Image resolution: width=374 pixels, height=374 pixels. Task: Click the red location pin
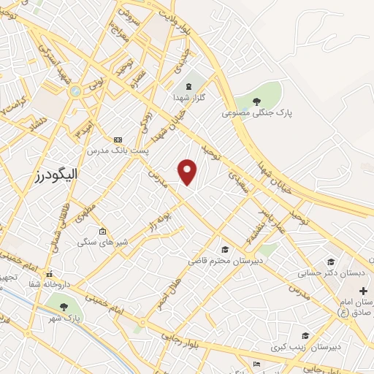(188, 171)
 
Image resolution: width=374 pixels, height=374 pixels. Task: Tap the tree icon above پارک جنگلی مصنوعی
(256, 101)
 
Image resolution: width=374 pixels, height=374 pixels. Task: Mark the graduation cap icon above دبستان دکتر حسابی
(331, 262)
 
